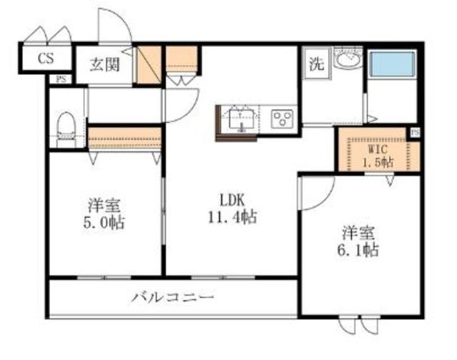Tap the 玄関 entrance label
(105, 63)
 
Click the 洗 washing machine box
(316, 63)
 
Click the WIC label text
(377, 150)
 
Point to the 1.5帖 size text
(377, 162)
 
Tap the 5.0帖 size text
(104, 222)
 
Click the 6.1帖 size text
(358, 249)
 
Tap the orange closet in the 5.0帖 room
(125, 136)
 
